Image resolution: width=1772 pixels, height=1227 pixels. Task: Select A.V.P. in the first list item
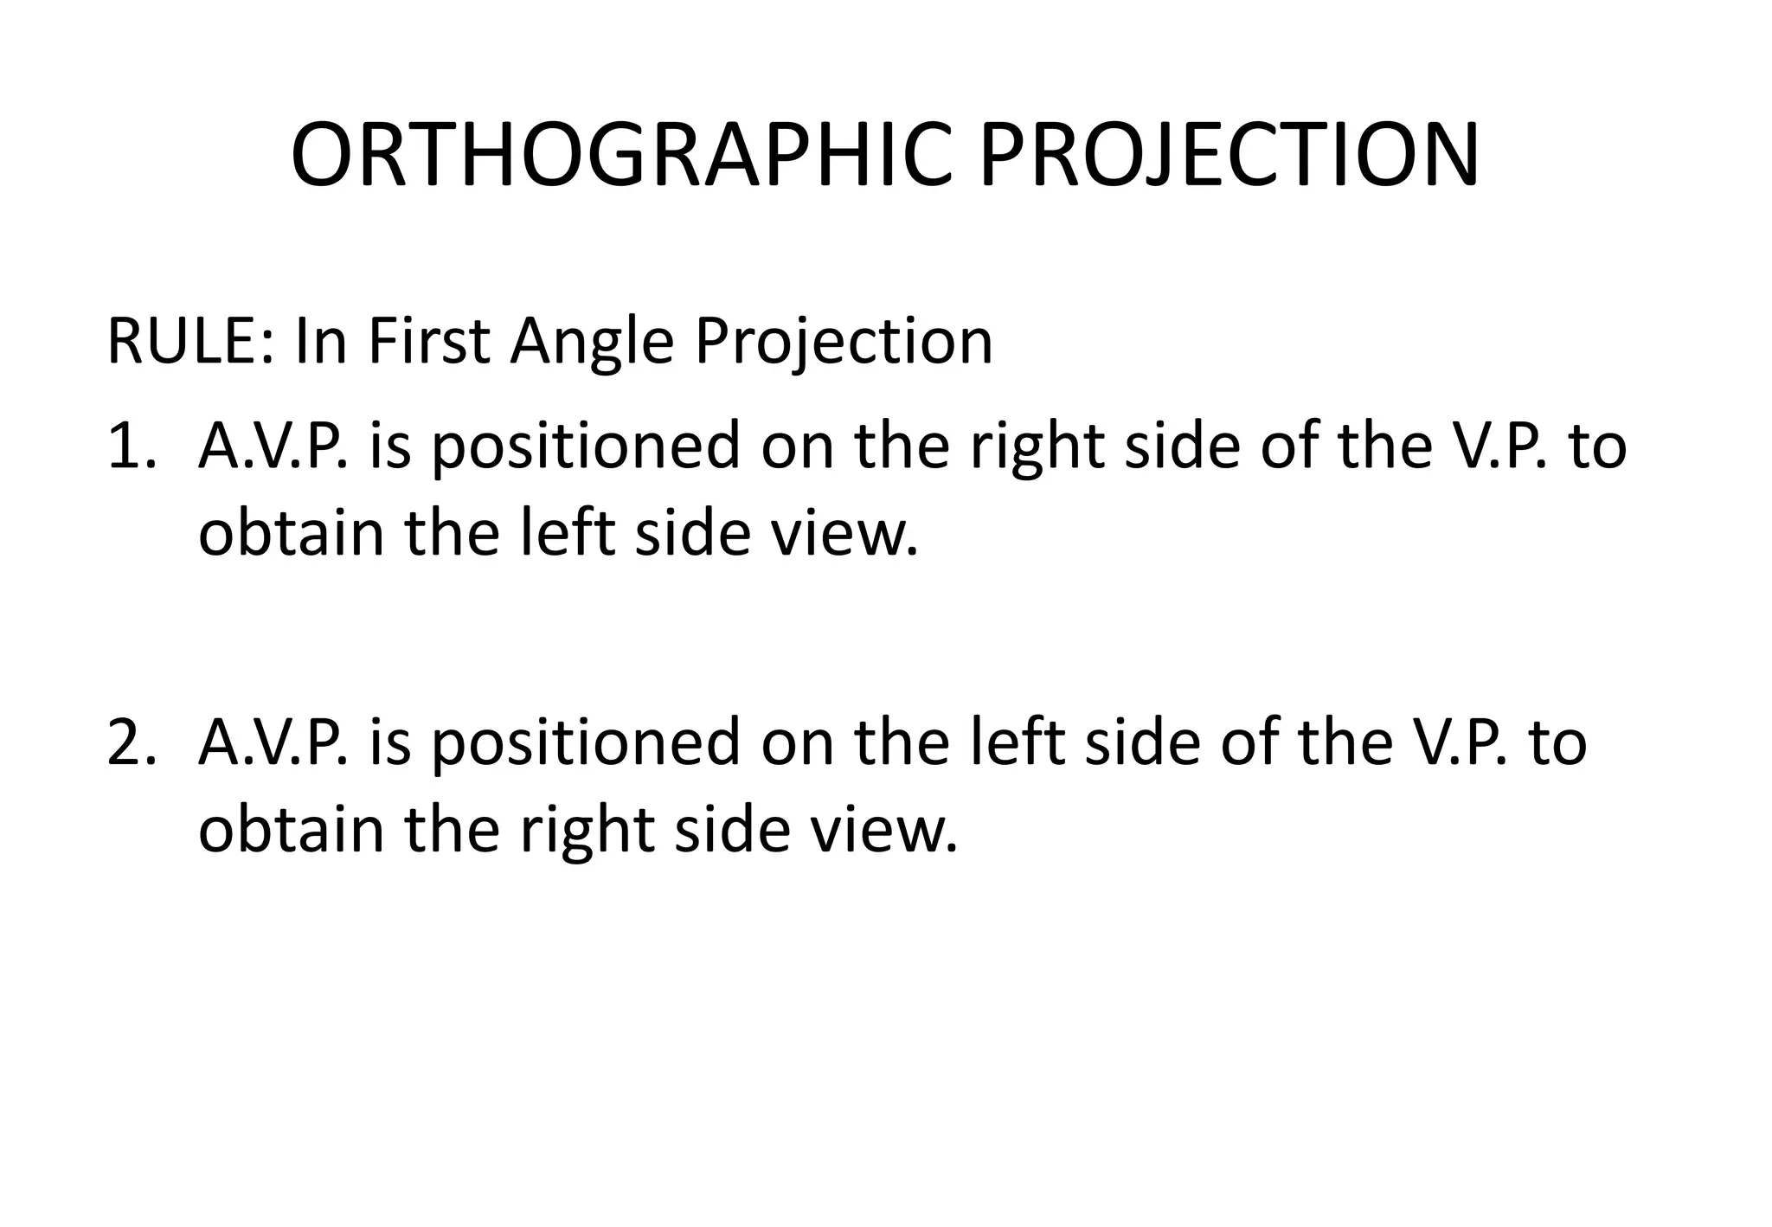tap(273, 446)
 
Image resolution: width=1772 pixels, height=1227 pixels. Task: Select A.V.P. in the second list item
tap(273, 742)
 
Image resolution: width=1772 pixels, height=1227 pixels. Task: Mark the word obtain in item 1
tap(291, 533)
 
